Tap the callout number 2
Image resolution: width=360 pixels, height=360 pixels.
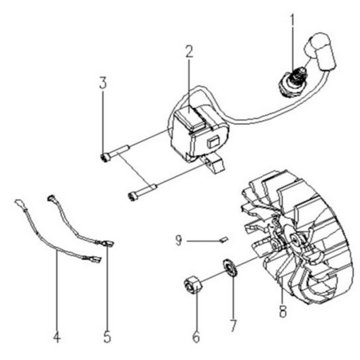[190, 52]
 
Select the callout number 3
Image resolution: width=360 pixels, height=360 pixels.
[103, 83]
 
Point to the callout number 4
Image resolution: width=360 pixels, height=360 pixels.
[56, 338]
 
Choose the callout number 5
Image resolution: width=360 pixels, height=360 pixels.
[107, 338]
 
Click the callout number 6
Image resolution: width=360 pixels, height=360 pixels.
[196, 338]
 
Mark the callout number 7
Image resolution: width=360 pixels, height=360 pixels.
[233, 325]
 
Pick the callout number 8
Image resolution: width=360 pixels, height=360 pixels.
[283, 311]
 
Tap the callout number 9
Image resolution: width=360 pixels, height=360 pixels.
[179, 241]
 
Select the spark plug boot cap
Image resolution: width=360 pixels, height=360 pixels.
[320, 52]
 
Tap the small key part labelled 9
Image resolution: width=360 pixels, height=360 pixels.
[223, 240]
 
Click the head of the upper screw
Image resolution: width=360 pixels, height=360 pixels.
[105, 158]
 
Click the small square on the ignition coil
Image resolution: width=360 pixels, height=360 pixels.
[213, 143]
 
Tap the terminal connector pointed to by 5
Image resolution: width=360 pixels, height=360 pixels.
[108, 243]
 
